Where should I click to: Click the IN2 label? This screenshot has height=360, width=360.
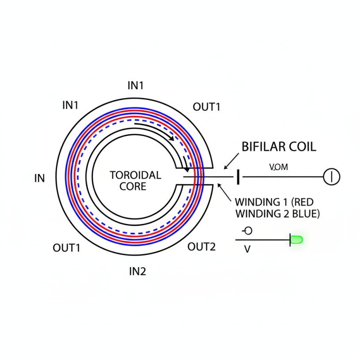coord(137,271)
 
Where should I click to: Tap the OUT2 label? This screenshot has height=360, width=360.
coord(201,247)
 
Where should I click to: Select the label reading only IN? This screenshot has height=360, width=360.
coord(39,178)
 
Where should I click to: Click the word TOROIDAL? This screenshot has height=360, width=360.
coord(136,175)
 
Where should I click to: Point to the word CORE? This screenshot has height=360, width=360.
coord(133,186)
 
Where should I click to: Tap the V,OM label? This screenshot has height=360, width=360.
coord(278,167)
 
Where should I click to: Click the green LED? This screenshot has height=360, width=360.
coord(296,240)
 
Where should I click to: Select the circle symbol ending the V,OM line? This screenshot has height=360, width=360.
coord(332,177)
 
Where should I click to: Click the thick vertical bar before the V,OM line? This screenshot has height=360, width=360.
coord(239,177)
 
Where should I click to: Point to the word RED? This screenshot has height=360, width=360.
coord(302,202)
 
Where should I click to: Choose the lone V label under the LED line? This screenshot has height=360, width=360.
coord(247,249)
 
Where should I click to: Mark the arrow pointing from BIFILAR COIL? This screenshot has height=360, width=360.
coord(231,161)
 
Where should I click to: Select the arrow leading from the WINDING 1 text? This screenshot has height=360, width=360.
coord(224,193)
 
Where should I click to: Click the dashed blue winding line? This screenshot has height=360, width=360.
coord(78,177)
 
